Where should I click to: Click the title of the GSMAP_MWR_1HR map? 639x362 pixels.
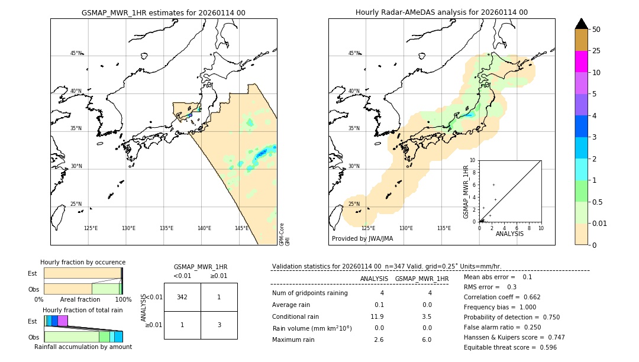click(163, 12)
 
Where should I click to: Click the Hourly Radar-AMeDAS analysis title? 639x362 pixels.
click(441, 12)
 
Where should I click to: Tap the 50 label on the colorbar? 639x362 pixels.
click(596, 30)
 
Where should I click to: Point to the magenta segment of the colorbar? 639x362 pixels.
click(581, 62)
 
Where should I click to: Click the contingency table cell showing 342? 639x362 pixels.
click(182, 297)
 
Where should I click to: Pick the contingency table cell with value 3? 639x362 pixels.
click(218, 325)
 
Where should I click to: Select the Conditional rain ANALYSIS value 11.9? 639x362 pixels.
click(377, 316)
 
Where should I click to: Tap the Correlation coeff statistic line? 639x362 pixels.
click(502, 297)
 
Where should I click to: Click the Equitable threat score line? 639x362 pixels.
click(510, 347)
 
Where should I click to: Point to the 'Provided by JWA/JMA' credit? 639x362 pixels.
click(362, 239)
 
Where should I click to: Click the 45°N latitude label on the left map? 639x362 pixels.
click(76, 53)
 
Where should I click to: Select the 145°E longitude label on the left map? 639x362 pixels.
click(241, 228)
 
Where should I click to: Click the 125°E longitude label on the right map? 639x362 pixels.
click(368, 228)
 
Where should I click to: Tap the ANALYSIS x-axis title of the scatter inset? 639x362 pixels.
click(509, 234)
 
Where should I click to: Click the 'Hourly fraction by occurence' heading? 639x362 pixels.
click(83, 262)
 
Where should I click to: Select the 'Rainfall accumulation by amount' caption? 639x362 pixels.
click(83, 347)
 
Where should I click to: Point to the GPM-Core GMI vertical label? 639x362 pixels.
click(284, 234)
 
